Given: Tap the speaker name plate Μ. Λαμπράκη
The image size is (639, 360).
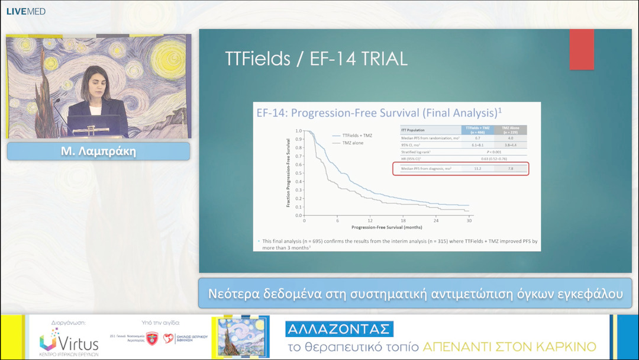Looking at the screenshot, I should pos(98,152).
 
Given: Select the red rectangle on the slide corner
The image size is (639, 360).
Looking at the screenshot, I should pos(581,49).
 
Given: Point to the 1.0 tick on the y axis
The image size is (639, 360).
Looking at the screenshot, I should pos(298,131).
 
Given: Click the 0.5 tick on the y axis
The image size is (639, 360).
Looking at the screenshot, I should pos(298,173).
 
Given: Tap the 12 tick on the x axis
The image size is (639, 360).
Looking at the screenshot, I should pos(370,220).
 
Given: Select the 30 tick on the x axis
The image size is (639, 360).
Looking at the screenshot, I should pos(469,220).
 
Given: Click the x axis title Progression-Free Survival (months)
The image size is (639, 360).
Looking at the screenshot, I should pos(387,227).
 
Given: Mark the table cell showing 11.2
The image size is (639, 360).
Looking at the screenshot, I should pos(477,169).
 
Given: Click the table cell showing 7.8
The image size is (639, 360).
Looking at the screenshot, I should pos(510,169).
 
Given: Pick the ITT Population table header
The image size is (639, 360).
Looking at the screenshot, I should pos(412,130).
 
